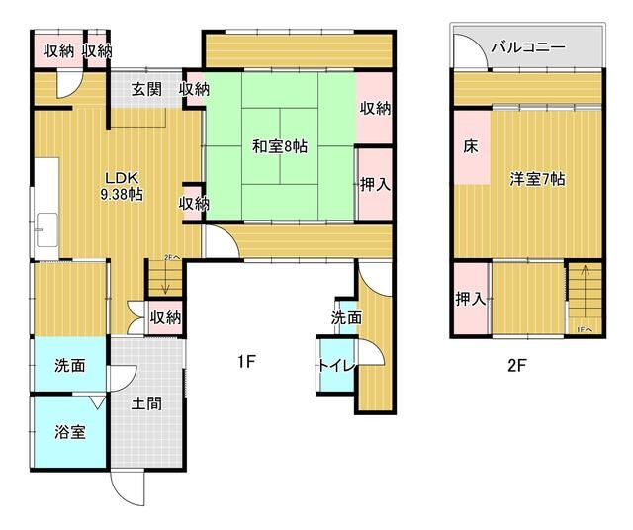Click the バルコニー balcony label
coord(528,46)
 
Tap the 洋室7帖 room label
coord(537,179)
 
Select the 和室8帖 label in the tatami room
coord(279,146)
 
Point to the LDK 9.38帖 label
coord(123,186)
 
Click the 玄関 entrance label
coord(146,89)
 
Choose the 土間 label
coord(145,403)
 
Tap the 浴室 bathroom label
coord(69,432)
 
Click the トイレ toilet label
coord(331,365)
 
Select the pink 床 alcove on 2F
coord(471,147)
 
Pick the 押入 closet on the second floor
coord(471,299)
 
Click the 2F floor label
coord(516,364)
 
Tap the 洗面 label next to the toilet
coord(346,317)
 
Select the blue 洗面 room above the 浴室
coord(69,365)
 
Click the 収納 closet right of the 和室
coord(374,108)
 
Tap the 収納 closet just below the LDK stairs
coord(165,317)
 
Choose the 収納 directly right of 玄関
coord(194,89)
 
